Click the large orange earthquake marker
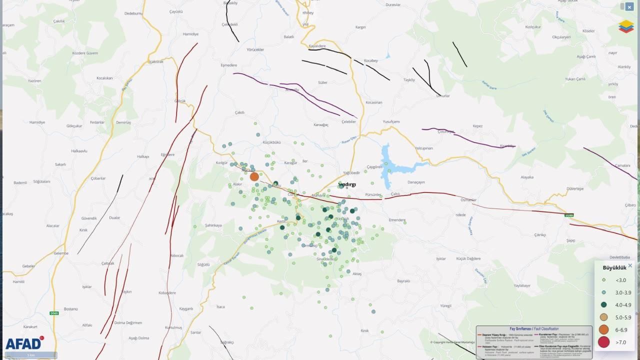tap(254, 176)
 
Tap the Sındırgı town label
tap(347, 184)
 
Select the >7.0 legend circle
tap(604, 342)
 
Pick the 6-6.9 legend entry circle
tap(604, 329)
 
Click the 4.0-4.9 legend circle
tap(604, 304)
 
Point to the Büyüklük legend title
tap(614, 267)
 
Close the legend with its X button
tap(630, 266)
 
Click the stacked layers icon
tap(625, 26)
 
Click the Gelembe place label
tap(61, 253)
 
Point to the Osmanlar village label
tap(468, 200)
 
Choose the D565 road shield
tap(54, 313)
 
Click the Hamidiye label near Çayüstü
tap(190, 34)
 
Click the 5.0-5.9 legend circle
tap(604, 317)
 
